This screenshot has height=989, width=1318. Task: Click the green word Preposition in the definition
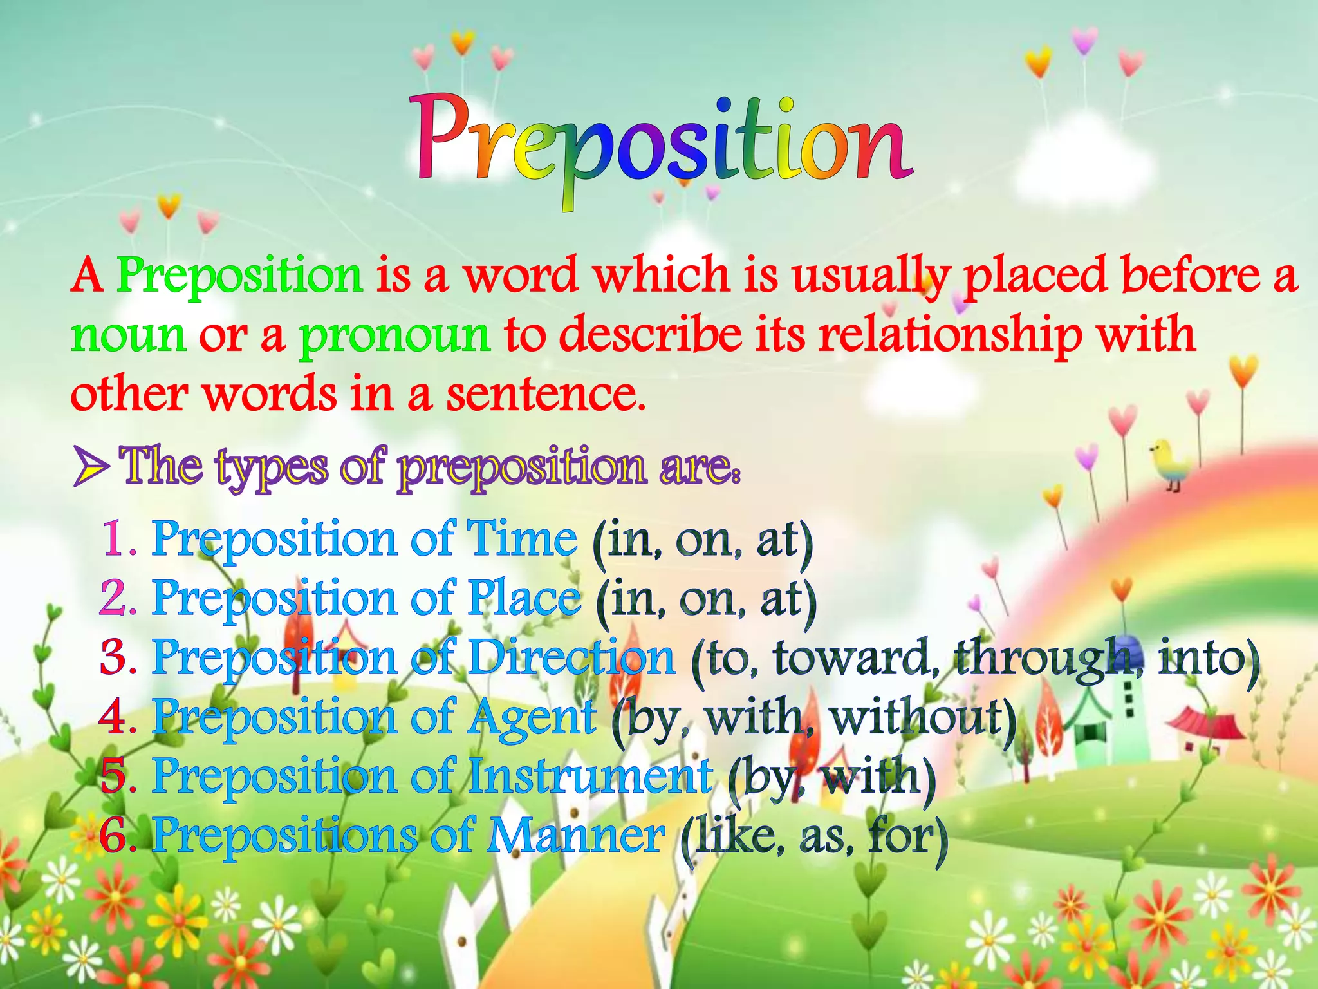(239, 276)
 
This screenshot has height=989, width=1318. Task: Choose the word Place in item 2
(524, 598)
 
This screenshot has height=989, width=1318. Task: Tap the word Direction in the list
(571, 658)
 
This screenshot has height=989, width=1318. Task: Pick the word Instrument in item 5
(589, 777)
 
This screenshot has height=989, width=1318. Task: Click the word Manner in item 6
(575, 836)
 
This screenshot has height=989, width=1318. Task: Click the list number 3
(115, 658)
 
